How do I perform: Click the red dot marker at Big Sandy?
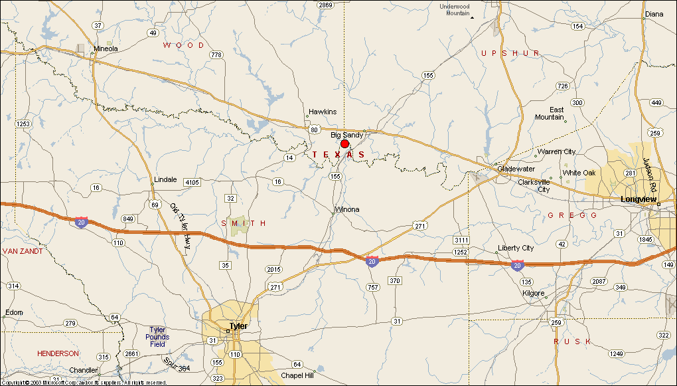click(344, 144)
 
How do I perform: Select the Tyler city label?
click(238, 326)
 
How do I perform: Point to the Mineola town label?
click(106, 48)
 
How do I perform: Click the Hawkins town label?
click(323, 112)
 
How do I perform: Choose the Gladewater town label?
click(516, 169)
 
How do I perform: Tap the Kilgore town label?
click(533, 293)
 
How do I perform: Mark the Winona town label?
click(346, 209)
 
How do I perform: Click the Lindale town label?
click(165, 179)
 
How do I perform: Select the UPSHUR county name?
click(510, 53)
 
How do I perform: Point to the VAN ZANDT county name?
click(23, 251)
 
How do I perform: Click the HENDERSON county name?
click(58, 353)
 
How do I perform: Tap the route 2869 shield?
click(325, 5)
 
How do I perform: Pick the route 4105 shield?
click(192, 182)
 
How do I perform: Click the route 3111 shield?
click(461, 240)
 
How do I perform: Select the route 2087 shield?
click(599, 282)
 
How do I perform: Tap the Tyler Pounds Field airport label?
click(157, 337)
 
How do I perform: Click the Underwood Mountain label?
click(455, 10)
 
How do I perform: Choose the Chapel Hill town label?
click(297, 375)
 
